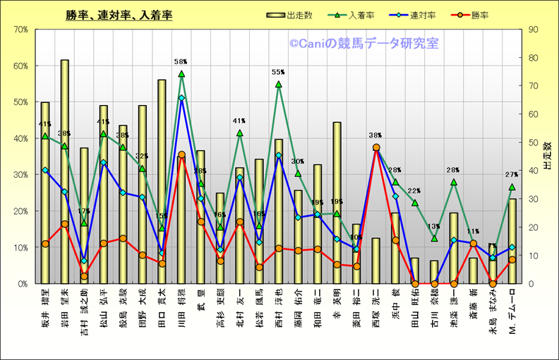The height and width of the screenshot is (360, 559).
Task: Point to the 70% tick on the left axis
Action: coord(20,30)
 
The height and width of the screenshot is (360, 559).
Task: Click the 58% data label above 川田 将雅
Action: coord(181,62)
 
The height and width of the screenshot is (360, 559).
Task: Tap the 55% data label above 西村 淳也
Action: coord(278,72)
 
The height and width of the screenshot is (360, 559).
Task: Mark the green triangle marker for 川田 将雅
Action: coord(181,73)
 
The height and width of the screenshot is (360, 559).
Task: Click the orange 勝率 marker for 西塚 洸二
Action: coord(375,148)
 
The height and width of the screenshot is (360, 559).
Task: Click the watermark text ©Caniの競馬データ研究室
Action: coord(363,44)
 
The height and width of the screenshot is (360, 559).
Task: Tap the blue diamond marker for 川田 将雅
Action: coord(181,97)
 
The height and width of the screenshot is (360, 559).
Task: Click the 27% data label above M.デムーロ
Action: coord(512,174)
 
